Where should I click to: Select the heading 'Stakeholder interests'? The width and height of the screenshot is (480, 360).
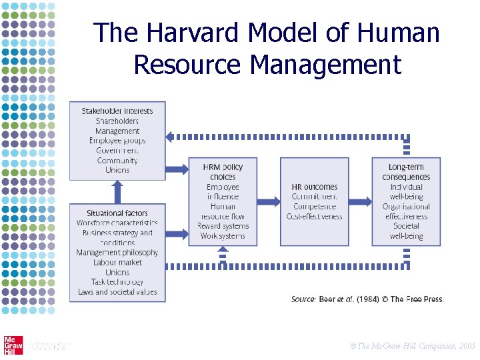click(x=117, y=111)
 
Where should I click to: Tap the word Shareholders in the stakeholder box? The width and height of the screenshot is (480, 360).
click(x=117, y=121)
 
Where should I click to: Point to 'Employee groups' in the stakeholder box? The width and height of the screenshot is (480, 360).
click(x=117, y=141)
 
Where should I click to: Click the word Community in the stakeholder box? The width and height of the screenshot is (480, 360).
click(x=117, y=160)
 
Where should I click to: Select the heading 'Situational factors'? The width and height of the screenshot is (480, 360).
click(x=117, y=213)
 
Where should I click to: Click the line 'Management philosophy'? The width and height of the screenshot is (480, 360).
click(x=117, y=253)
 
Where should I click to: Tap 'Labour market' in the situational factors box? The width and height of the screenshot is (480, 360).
click(x=117, y=263)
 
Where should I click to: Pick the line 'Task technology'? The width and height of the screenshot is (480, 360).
click(x=117, y=282)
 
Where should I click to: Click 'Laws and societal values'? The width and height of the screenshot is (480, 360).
click(x=117, y=292)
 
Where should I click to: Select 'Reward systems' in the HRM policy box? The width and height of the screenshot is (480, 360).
click(x=223, y=226)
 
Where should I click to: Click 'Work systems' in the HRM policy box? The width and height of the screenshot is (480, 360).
click(x=223, y=236)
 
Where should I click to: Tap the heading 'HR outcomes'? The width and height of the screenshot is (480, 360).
click(x=315, y=187)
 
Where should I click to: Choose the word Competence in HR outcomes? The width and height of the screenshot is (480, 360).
click(x=315, y=207)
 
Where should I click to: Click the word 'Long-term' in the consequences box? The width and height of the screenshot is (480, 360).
click(x=406, y=167)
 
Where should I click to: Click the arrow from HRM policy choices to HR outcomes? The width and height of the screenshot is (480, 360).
click(x=269, y=201)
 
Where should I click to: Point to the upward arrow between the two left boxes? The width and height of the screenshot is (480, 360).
click(x=117, y=192)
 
